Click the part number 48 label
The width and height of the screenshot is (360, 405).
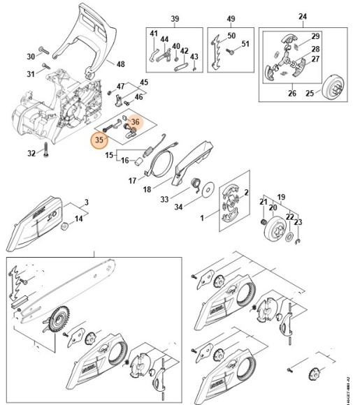click(121, 64)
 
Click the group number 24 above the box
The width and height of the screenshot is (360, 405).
click(303, 17)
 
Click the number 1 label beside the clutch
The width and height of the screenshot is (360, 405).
click(203, 219)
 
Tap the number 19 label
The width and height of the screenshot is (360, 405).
click(282, 197)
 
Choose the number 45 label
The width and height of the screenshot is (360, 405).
click(145, 82)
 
